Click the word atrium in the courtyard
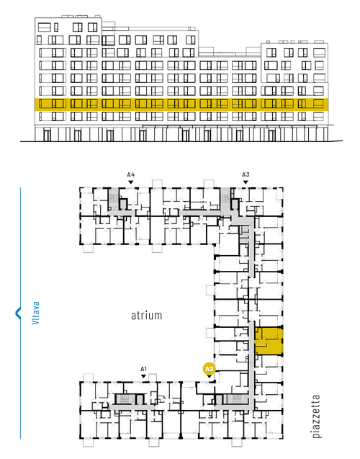tap(146, 316)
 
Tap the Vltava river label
tap(35, 313)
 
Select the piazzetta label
tap(316, 416)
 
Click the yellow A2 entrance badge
tap(209, 369)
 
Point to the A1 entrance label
tap(143, 369)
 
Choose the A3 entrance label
tap(246, 175)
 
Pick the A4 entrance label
tap(131, 175)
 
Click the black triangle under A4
tap(131, 182)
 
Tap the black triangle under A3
tap(246, 182)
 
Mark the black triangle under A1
tap(143, 376)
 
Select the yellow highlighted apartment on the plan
tap(269, 341)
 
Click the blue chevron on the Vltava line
tap(18, 313)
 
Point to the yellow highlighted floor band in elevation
tap(181, 104)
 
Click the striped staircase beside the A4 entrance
tap(113, 199)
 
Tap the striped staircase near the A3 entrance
tap(225, 199)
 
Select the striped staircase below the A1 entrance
tap(125, 399)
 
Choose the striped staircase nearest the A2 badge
tap(237, 398)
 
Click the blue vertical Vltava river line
tap(20, 313)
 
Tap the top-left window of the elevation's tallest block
tap(44, 27)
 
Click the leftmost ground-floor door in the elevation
tap(47, 135)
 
